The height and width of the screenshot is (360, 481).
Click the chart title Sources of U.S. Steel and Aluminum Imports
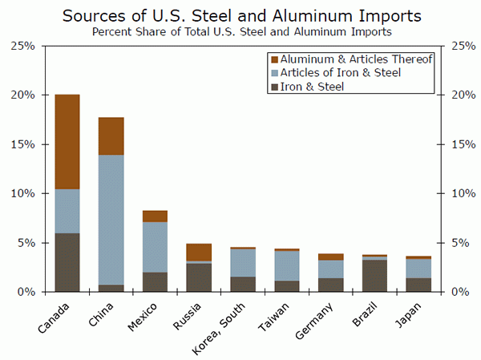click(x=240, y=15)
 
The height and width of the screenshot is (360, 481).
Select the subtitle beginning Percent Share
click(x=240, y=32)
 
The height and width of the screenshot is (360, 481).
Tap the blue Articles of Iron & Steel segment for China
click(x=111, y=220)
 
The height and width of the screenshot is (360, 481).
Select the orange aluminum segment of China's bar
click(x=111, y=136)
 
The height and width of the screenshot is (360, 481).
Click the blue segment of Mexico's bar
click(x=155, y=247)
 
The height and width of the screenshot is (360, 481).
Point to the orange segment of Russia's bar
click(x=199, y=252)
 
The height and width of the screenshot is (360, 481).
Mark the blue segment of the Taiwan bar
click(x=287, y=265)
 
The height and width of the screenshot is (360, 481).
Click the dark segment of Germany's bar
click(x=330, y=285)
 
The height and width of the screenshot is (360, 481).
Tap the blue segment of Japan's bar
click(x=418, y=269)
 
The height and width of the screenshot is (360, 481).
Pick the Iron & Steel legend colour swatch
click(x=275, y=87)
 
